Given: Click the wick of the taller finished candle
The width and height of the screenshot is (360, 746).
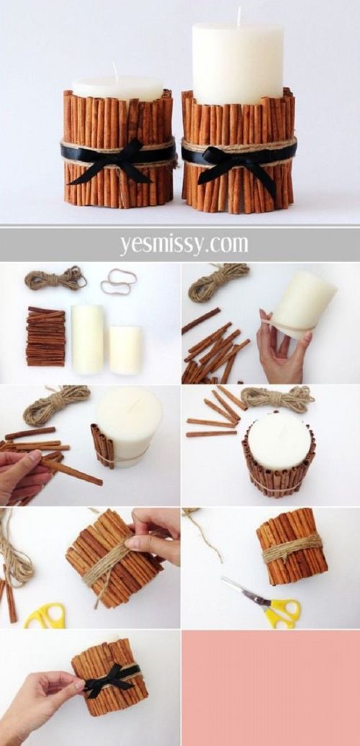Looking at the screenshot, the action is (x=239, y=16).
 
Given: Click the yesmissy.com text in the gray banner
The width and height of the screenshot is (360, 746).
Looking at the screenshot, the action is (x=184, y=244).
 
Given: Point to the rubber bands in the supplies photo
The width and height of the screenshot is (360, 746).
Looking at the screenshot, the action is (x=118, y=281).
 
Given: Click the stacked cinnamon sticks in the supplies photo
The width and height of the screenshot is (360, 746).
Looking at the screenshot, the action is (x=45, y=336).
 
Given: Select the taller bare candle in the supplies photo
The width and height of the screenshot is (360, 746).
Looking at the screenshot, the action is (x=87, y=338).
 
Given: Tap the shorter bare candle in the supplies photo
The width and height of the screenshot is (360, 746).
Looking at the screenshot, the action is (x=125, y=350).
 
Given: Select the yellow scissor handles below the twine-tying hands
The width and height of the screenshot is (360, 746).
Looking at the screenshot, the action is (x=45, y=616).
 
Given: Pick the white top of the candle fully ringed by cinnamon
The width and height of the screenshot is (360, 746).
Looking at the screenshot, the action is (x=279, y=440).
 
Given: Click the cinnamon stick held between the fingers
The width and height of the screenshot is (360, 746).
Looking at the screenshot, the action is (x=71, y=470).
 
